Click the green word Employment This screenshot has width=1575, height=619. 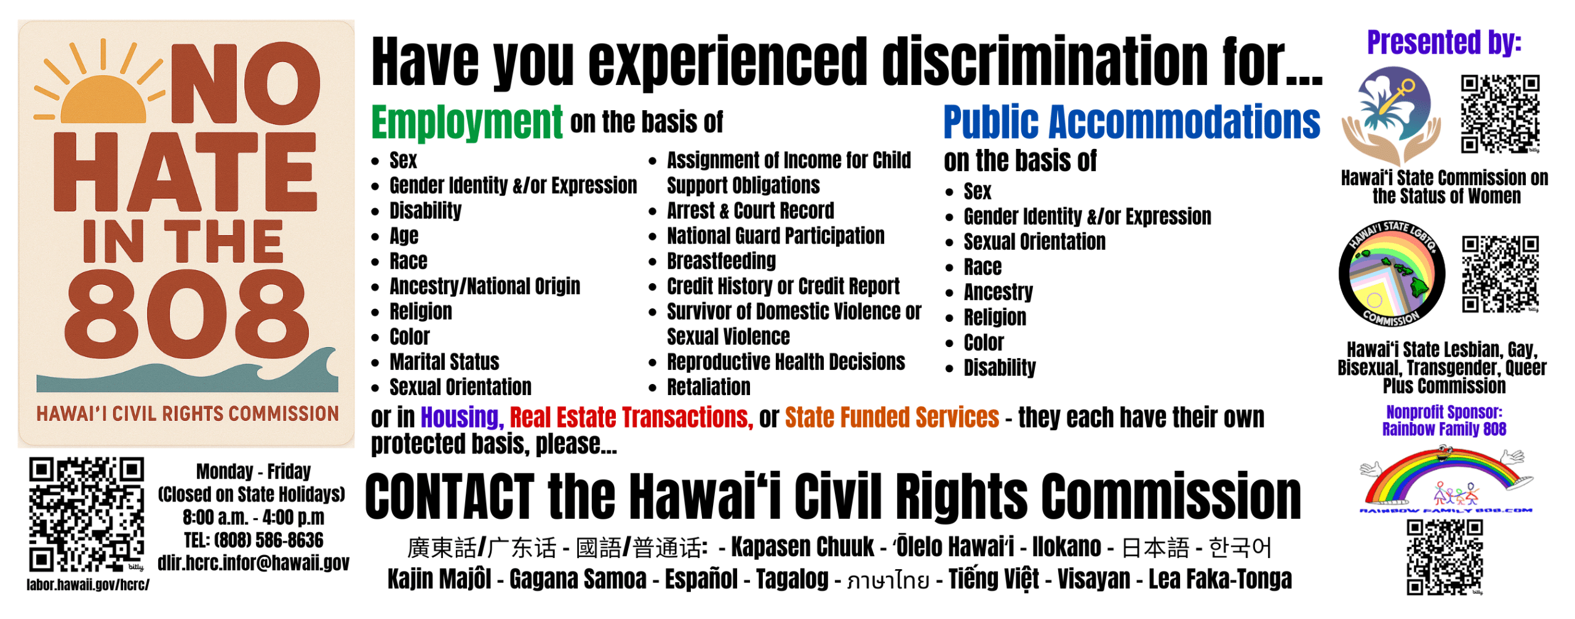click(466, 122)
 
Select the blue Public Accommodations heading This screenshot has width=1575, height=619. click(1131, 122)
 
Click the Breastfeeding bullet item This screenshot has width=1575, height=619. click(721, 261)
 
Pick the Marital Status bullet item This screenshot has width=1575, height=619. click(444, 362)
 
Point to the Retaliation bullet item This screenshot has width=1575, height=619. click(709, 387)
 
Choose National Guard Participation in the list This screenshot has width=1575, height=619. click(775, 236)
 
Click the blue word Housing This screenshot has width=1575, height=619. click(462, 418)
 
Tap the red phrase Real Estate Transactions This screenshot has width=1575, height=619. click(631, 418)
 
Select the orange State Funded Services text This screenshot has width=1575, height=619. click(891, 418)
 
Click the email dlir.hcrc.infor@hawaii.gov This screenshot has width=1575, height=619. click(253, 563)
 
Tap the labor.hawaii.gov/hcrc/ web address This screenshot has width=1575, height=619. click(88, 585)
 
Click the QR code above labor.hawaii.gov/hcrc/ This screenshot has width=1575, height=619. click(87, 515)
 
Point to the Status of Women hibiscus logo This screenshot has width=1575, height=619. click(1392, 115)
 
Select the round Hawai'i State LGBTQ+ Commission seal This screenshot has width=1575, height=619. click(1391, 274)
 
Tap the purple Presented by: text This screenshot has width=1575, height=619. click(1444, 43)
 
